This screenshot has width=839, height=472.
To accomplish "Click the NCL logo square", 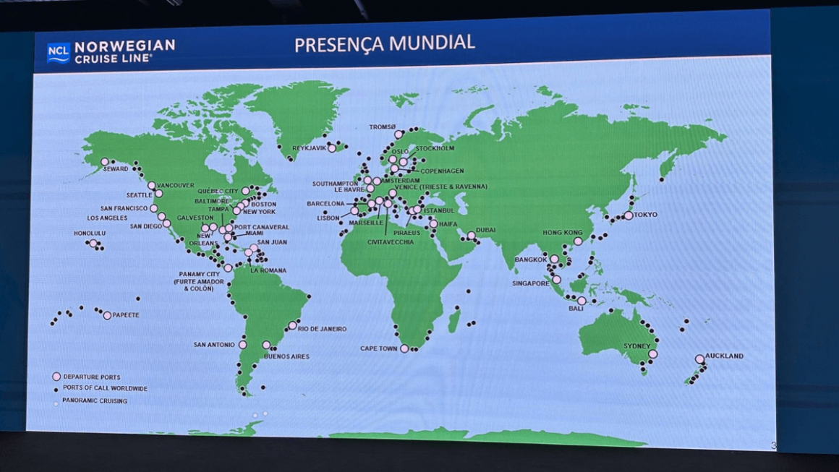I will click(x=59, y=52).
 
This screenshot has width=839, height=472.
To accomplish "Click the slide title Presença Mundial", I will click(x=384, y=43).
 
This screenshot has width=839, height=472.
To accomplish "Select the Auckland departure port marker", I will click(x=699, y=359).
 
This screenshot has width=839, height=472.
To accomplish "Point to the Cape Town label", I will click(x=379, y=348).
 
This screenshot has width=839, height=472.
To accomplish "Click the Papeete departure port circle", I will click(x=107, y=315).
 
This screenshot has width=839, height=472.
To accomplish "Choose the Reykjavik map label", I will click(x=310, y=148).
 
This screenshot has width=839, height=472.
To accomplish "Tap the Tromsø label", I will click(x=383, y=127).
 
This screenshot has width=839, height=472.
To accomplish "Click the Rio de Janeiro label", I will click(x=322, y=329).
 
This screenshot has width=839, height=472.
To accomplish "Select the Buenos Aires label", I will click(x=286, y=356).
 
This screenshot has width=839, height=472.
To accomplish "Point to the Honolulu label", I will click(x=90, y=233).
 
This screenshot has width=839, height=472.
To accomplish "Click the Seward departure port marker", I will click(x=105, y=162).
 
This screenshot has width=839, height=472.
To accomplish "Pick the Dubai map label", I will click(x=485, y=230).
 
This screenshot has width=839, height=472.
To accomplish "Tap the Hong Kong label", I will click(x=563, y=233).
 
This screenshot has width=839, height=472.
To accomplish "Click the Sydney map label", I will click(x=636, y=346).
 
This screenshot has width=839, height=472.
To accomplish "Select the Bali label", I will click(x=576, y=309).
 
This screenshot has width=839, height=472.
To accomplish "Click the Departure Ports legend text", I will click(x=91, y=377).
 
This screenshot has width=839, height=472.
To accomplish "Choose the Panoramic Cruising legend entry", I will click(x=94, y=400).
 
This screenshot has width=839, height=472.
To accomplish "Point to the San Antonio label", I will click(x=214, y=345).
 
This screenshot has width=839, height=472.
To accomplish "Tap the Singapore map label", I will click(x=532, y=283).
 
